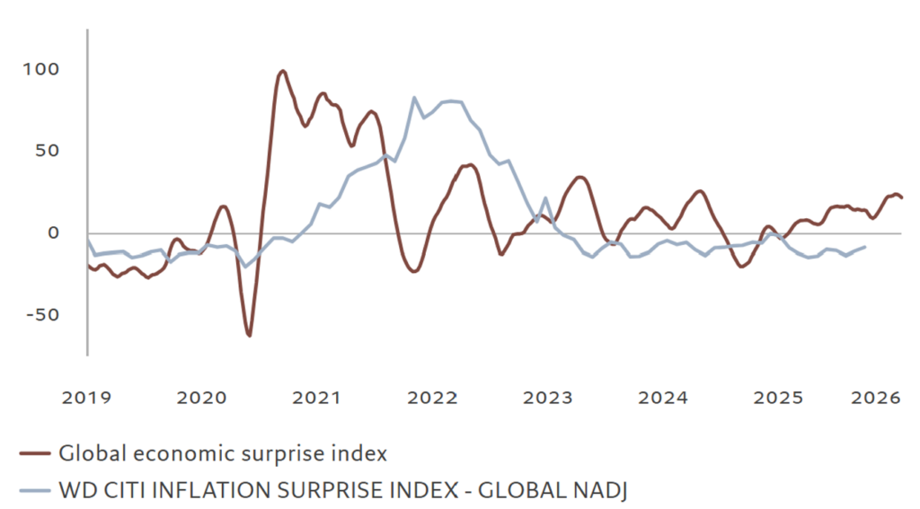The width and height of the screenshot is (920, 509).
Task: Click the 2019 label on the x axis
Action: point(88,397)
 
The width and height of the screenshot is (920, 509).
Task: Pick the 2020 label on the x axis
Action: point(202,397)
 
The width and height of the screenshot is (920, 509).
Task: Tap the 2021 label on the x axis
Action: point(317,397)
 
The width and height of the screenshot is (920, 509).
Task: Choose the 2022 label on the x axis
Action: point(432,397)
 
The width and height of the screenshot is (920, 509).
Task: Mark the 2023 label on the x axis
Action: point(547,397)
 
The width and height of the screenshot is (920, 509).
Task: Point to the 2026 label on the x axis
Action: point(876,397)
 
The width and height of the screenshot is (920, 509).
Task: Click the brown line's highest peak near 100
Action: point(283,71)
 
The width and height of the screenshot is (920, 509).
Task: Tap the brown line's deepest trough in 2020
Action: point(249,335)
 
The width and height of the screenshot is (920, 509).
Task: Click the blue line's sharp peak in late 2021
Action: point(414,98)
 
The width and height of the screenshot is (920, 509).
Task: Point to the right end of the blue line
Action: point(864,247)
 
